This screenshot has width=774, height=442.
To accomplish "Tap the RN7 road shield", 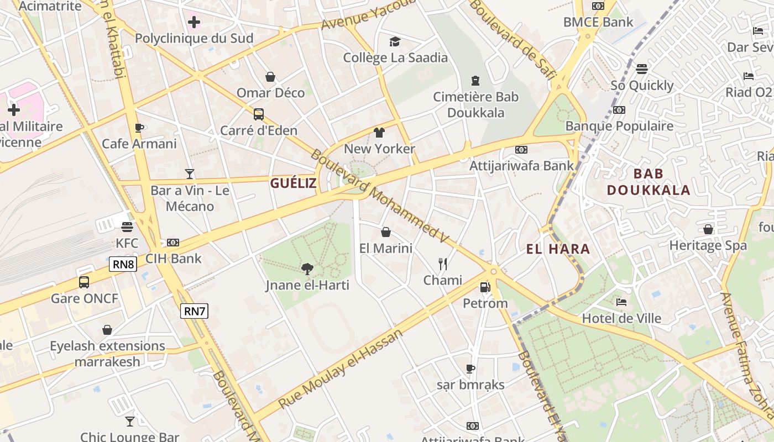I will pos(195,311).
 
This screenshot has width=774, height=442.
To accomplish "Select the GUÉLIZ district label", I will pos(293,183).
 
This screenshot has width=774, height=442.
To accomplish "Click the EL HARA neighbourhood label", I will pos(558,249).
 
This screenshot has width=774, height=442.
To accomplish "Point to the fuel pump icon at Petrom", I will pos(485,287).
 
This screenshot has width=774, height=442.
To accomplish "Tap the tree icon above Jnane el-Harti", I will pos(307,269).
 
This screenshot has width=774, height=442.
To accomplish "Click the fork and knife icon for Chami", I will pos(442,264).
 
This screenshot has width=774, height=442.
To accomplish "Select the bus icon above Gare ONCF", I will pos(84,282).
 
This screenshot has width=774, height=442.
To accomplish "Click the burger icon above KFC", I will pos(127,227).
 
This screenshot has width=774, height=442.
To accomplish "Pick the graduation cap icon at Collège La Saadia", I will pos(395,42).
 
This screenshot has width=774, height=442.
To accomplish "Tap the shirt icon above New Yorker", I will pos(379,133).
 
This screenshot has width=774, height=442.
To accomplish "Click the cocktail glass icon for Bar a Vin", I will pos(190,175).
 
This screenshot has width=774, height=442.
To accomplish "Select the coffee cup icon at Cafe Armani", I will pos(139,128).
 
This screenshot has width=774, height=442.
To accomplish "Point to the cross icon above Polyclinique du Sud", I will pos(193,23).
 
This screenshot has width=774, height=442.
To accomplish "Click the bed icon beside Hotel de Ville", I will pos(621,302).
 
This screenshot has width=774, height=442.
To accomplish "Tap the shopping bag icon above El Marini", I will pos(386,232).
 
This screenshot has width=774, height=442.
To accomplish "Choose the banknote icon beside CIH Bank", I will pos(173,243).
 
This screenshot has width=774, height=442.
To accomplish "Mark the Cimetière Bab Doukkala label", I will pos(475,105).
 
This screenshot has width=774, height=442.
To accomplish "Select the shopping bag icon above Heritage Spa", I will pos(708,229).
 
